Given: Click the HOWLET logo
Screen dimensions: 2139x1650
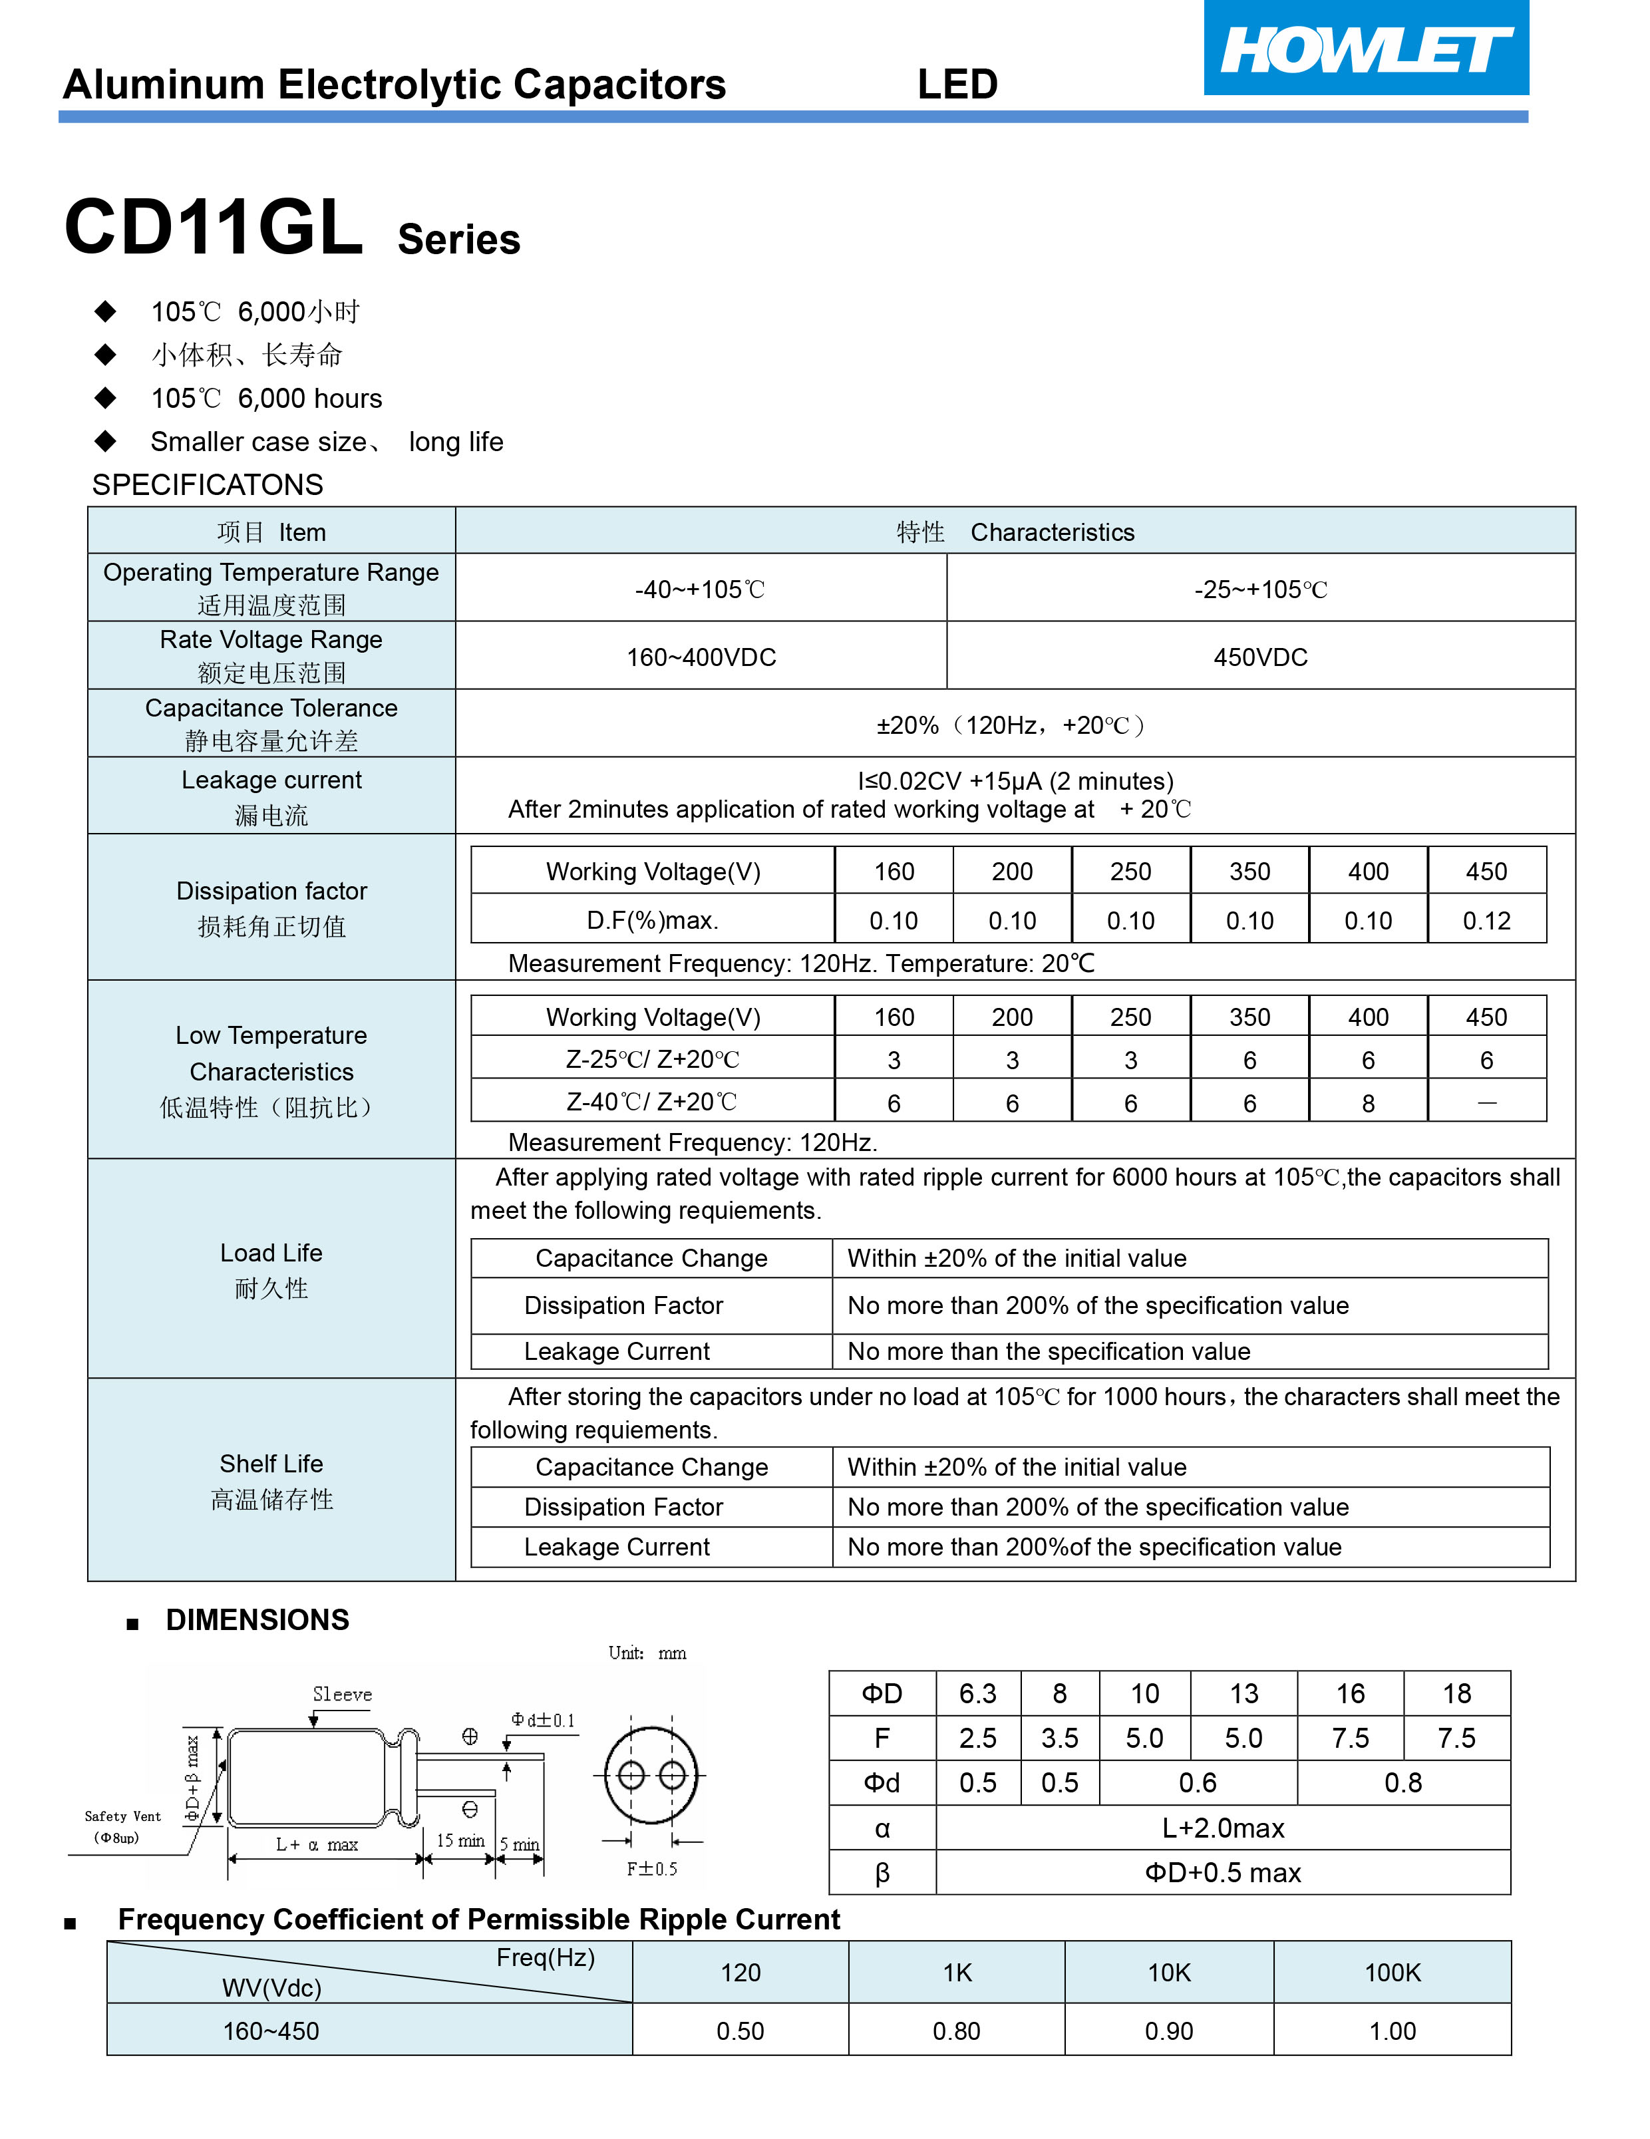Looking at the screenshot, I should click(1365, 49).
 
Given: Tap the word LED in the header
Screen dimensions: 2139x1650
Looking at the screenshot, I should click(957, 85).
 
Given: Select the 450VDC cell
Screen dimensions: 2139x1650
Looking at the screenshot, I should click(1260, 657).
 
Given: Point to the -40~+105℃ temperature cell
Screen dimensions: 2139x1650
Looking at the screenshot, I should click(700, 589).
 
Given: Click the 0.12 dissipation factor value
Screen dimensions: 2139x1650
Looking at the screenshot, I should click(1486, 921).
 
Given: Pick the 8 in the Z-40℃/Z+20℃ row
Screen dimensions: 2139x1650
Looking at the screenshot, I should click(1368, 1104).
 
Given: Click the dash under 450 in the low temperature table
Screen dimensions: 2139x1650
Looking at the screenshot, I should click(1486, 1104).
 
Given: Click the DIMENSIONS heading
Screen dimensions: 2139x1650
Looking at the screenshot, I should click(257, 1620).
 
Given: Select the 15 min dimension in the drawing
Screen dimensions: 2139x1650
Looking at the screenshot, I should click(460, 1841).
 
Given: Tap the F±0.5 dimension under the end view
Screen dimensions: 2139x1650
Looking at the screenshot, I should click(652, 1869).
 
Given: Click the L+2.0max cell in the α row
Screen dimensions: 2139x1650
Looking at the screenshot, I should click(1223, 1828).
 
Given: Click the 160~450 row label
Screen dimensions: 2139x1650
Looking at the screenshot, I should click(271, 2031).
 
